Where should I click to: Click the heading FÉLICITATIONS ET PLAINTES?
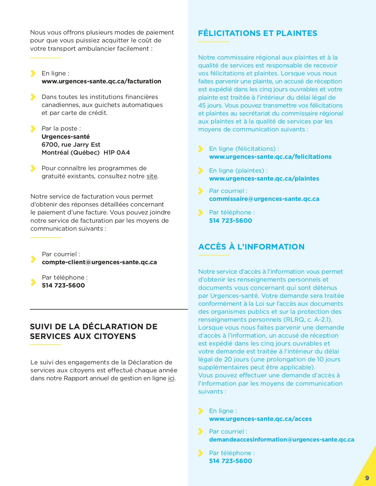tap(257, 33)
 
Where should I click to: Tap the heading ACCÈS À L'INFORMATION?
tap(251, 247)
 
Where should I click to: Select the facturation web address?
tap(101, 81)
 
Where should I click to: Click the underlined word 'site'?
tap(152, 176)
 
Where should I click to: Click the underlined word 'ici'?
tap(171, 378)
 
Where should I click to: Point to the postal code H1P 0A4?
tap(117, 153)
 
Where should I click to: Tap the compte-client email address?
tap(99, 262)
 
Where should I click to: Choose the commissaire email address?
tap(264, 199)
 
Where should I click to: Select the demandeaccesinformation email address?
tap(282, 439)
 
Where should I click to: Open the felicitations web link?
tap(270, 157)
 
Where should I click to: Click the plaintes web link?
tap(264, 178)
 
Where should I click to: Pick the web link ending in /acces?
tap(260, 419)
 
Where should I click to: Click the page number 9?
tap(367, 478)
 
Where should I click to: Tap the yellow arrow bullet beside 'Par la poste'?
tap(33, 129)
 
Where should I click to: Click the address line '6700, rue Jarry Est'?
tap(71, 145)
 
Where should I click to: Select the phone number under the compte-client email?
tap(63, 285)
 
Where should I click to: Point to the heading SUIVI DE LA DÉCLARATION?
tap(93, 331)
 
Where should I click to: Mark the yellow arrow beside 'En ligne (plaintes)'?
tap(201, 171)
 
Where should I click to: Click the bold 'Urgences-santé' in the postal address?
tap(65, 137)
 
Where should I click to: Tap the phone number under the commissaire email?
tap(230, 221)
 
